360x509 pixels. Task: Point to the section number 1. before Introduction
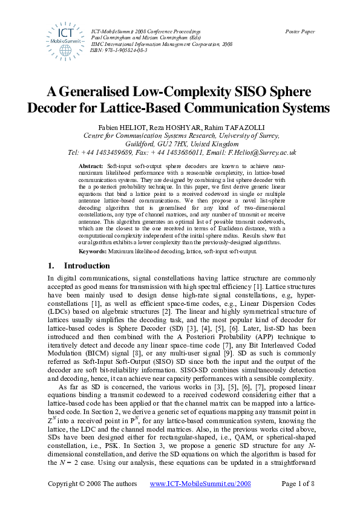tap(51, 266)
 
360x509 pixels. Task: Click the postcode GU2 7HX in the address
tap(177, 145)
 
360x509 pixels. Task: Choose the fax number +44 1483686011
tap(178, 154)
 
